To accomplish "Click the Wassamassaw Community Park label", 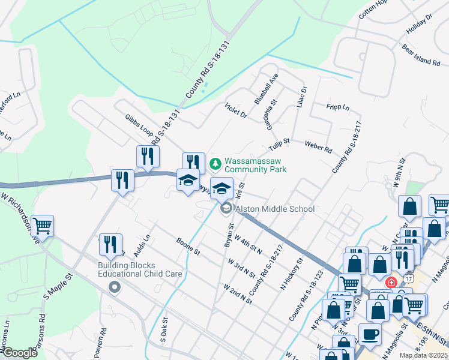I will coord(255,165).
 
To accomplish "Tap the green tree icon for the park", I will coord(214,163).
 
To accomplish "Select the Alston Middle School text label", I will coord(275,209).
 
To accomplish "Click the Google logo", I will coord(20,352).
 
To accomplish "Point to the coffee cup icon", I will coord(369,335).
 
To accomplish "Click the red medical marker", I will coord(391,282).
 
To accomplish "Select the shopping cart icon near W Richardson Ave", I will coord(43,226).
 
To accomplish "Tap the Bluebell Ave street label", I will coord(267,89).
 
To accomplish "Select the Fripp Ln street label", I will coord(337,107).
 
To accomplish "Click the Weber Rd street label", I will coord(318,147).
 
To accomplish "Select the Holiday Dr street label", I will coord(419,25).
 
